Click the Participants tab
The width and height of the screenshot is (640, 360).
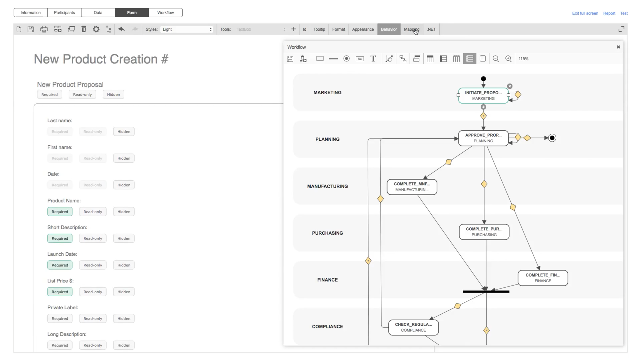pos(64,13)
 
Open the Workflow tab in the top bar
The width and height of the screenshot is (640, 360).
pos(165,13)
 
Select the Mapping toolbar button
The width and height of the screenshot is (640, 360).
pos(411,29)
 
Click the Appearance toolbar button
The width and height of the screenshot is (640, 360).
pos(363,29)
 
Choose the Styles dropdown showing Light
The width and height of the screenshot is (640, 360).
pos(187,29)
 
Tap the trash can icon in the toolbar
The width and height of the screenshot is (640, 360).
pos(84,29)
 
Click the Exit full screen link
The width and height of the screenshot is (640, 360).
pos(585,13)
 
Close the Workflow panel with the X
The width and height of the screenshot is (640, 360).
pos(618,47)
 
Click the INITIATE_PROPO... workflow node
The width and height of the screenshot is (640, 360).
pos(483,96)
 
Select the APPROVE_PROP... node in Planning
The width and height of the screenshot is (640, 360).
pos(483,138)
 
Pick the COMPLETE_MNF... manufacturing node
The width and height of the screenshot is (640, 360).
pos(412,187)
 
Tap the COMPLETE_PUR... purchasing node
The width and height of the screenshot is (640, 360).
pos(484,232)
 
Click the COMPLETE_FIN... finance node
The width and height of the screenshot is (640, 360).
pos(542,278)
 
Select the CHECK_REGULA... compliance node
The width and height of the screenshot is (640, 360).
pos(413,327)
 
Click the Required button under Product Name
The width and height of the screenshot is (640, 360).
pos(60,212)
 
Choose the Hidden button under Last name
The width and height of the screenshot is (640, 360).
pos(124,132)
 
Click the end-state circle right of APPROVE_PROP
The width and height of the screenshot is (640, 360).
pos(552,138)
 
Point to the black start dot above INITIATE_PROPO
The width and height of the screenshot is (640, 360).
pos(483,79)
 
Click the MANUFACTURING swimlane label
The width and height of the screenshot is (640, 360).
pos(327,186)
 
